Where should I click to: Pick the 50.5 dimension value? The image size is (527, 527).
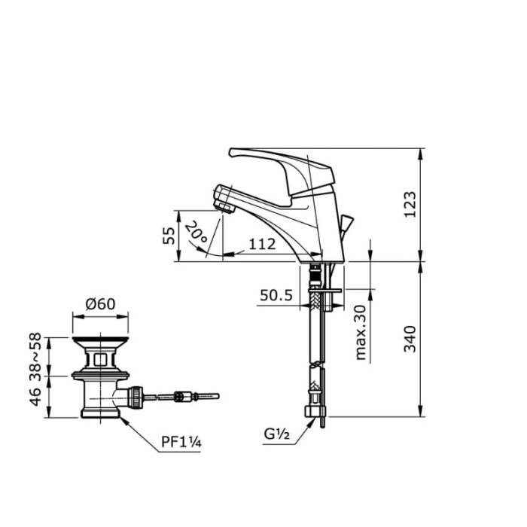click(276, 296)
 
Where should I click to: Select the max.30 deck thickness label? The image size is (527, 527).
click(361, 332)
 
